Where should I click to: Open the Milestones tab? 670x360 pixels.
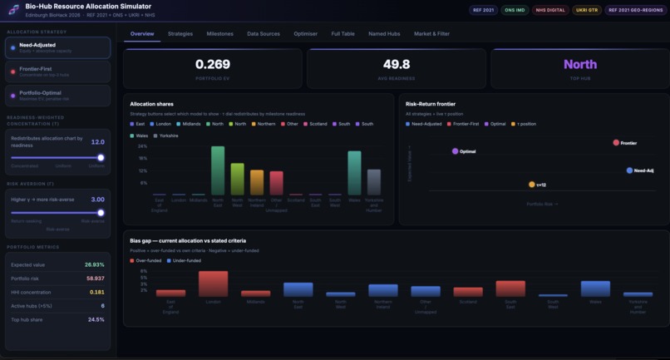tap(220, 34)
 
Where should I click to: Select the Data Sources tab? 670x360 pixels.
tap(264, 34)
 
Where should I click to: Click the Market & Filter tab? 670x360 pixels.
tap(431, 34)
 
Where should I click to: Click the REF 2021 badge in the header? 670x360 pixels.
tap(483, 10)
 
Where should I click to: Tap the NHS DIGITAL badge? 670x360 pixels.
tap(550, 10)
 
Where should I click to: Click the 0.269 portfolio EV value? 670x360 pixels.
tap(213, 64)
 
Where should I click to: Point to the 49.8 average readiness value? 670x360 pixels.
tap(397, 64)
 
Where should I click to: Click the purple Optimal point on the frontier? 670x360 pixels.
tap(456, 151)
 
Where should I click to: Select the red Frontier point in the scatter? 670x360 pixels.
tap(616, 143)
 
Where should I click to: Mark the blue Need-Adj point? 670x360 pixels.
tap(629, 170)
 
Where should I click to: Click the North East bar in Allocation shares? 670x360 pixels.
tap(218, 170)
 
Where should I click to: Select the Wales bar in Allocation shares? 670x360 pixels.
tap(354, 173)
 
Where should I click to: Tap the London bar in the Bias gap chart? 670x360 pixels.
tap(213, 284)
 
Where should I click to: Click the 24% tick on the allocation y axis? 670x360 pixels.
tap(143, 146)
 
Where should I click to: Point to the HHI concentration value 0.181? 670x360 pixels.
tap(96, 292)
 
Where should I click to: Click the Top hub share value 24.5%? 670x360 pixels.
tap(96, 319)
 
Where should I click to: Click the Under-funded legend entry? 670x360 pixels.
tap(185, 260)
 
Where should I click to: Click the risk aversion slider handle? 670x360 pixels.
tap(101, 213)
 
